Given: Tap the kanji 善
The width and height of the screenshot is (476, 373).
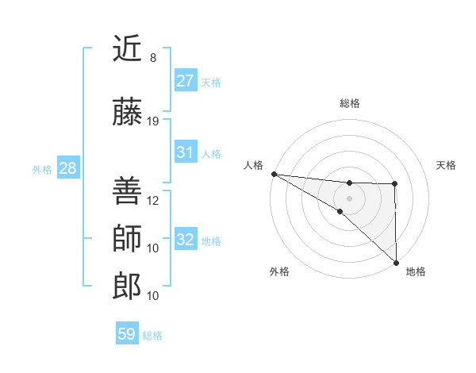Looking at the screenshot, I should [127, 190].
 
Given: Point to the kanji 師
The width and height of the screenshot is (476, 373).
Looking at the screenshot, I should [127, 238].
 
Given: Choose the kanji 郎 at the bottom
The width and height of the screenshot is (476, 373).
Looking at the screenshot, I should [127, 286].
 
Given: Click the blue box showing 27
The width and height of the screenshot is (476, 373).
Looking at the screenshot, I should [185, 81].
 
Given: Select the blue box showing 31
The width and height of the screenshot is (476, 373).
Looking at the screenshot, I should [185, 152].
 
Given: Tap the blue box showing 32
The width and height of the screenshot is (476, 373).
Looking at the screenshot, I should [185, 240].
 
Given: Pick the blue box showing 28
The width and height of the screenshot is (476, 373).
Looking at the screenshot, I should [67, 168].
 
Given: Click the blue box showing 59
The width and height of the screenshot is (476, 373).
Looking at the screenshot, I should [127, 334].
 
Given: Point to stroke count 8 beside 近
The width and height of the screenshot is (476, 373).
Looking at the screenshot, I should [153, 58].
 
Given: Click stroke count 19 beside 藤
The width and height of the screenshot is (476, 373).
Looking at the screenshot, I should [153, 121].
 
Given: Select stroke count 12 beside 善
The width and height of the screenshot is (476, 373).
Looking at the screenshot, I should [153, 200].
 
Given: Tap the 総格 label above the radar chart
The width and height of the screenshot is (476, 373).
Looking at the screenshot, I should [349, 103].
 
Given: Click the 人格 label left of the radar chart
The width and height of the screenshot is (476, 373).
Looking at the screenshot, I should [254, 165].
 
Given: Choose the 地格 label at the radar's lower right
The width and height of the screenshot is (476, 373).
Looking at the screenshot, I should [416, 271].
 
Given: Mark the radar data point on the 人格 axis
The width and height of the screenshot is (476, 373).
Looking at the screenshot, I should [273, 174].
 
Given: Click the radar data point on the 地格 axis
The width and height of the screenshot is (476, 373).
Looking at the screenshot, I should [395, 262].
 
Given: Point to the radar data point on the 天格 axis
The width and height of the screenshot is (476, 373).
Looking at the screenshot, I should [395, 184].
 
